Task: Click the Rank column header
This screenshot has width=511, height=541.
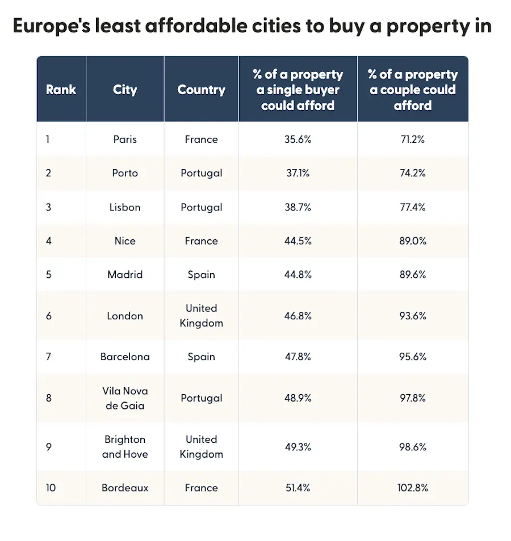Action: [x=61, y=90]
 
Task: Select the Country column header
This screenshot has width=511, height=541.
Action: [x=201, y=90]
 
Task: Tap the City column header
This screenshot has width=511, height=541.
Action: [x=125, y=90]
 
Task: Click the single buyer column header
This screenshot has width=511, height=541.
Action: [x=298, y=90]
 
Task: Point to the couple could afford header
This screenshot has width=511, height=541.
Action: [x=413, y=90]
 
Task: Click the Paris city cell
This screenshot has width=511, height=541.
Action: [x=125, y=140]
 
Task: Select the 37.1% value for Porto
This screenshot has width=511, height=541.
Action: [x=298, y=173]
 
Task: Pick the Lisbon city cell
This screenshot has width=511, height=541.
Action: [x=125, y=207]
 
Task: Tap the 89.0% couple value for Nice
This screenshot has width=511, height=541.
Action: [x=413, y=241]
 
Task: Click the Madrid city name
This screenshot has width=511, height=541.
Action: [x=125, y=274]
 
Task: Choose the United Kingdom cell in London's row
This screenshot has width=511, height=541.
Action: [x=201, y=316]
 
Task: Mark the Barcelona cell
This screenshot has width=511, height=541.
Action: [x=125, y=357]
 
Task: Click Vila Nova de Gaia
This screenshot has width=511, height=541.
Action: [x=125, y=398]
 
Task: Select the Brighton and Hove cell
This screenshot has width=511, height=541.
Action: [x=125, y=447]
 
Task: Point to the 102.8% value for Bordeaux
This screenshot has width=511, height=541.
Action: [x=413, y=488]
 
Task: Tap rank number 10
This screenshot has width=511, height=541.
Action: [x=51, y=488]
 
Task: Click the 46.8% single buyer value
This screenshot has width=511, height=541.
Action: [x=298, y=316]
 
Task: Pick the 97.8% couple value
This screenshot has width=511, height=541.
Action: [x=413, y=398]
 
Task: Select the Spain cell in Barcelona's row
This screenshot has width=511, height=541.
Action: [x=201, y=357]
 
